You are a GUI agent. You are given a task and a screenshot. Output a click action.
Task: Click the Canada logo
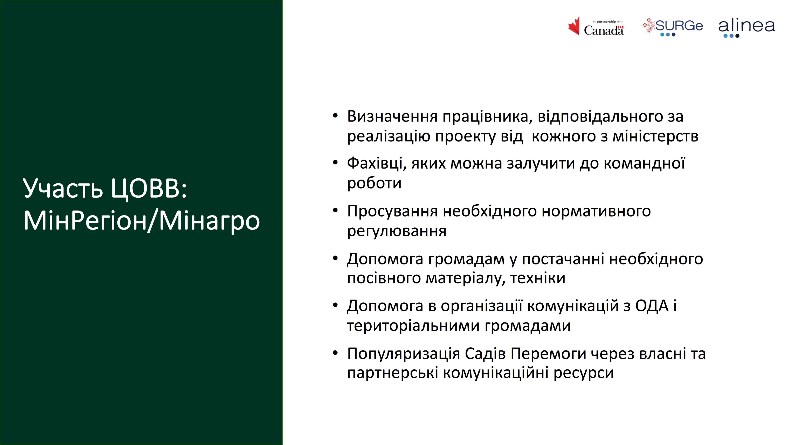coord(596,26)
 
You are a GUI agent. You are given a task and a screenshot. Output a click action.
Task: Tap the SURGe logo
coord(672,27)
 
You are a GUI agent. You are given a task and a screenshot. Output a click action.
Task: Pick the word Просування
coord(392,211)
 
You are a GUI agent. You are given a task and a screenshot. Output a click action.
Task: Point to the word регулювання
coord(397,231)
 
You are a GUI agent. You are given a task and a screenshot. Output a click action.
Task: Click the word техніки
coord(538,278)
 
